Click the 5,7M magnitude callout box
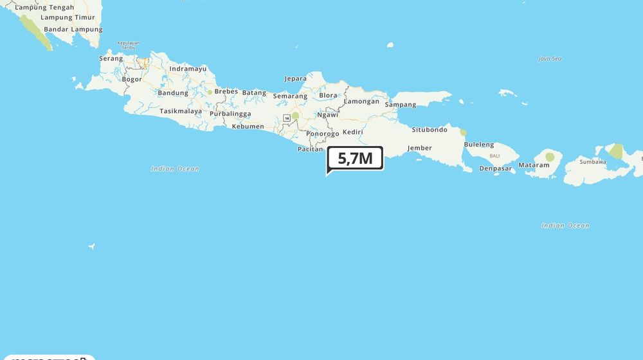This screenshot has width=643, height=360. [x=355, y=158]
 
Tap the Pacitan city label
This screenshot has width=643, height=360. [x=310, y=149]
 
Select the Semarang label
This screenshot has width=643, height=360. [x=290, y=96]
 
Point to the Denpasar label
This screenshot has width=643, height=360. [x=496, y=168]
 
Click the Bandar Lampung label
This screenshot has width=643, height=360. [x=73, y=30]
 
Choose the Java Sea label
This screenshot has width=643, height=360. [x=550, y=59]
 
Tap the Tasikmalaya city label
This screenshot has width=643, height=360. [x=181, y=111]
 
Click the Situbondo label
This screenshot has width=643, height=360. [x=430, y=130]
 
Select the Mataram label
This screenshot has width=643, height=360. [x=534, y=165]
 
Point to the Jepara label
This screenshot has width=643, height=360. [x=296, y=79]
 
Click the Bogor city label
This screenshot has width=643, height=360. [x=132, y=80]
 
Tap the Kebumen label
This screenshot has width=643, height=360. [x=248, y=127]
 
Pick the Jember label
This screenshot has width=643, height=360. [x=419, y=148]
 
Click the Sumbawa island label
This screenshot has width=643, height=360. [x=592, y=162]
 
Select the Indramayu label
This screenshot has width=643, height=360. [x=188, y=69]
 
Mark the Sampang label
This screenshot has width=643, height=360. [x=401, y=105]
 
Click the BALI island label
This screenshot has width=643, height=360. [x=494, y=156]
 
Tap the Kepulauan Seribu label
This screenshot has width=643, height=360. [x=129, y=46]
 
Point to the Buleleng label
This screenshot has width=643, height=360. [x=479, y=145]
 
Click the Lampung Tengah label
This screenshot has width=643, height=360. [x=44, y=8]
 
